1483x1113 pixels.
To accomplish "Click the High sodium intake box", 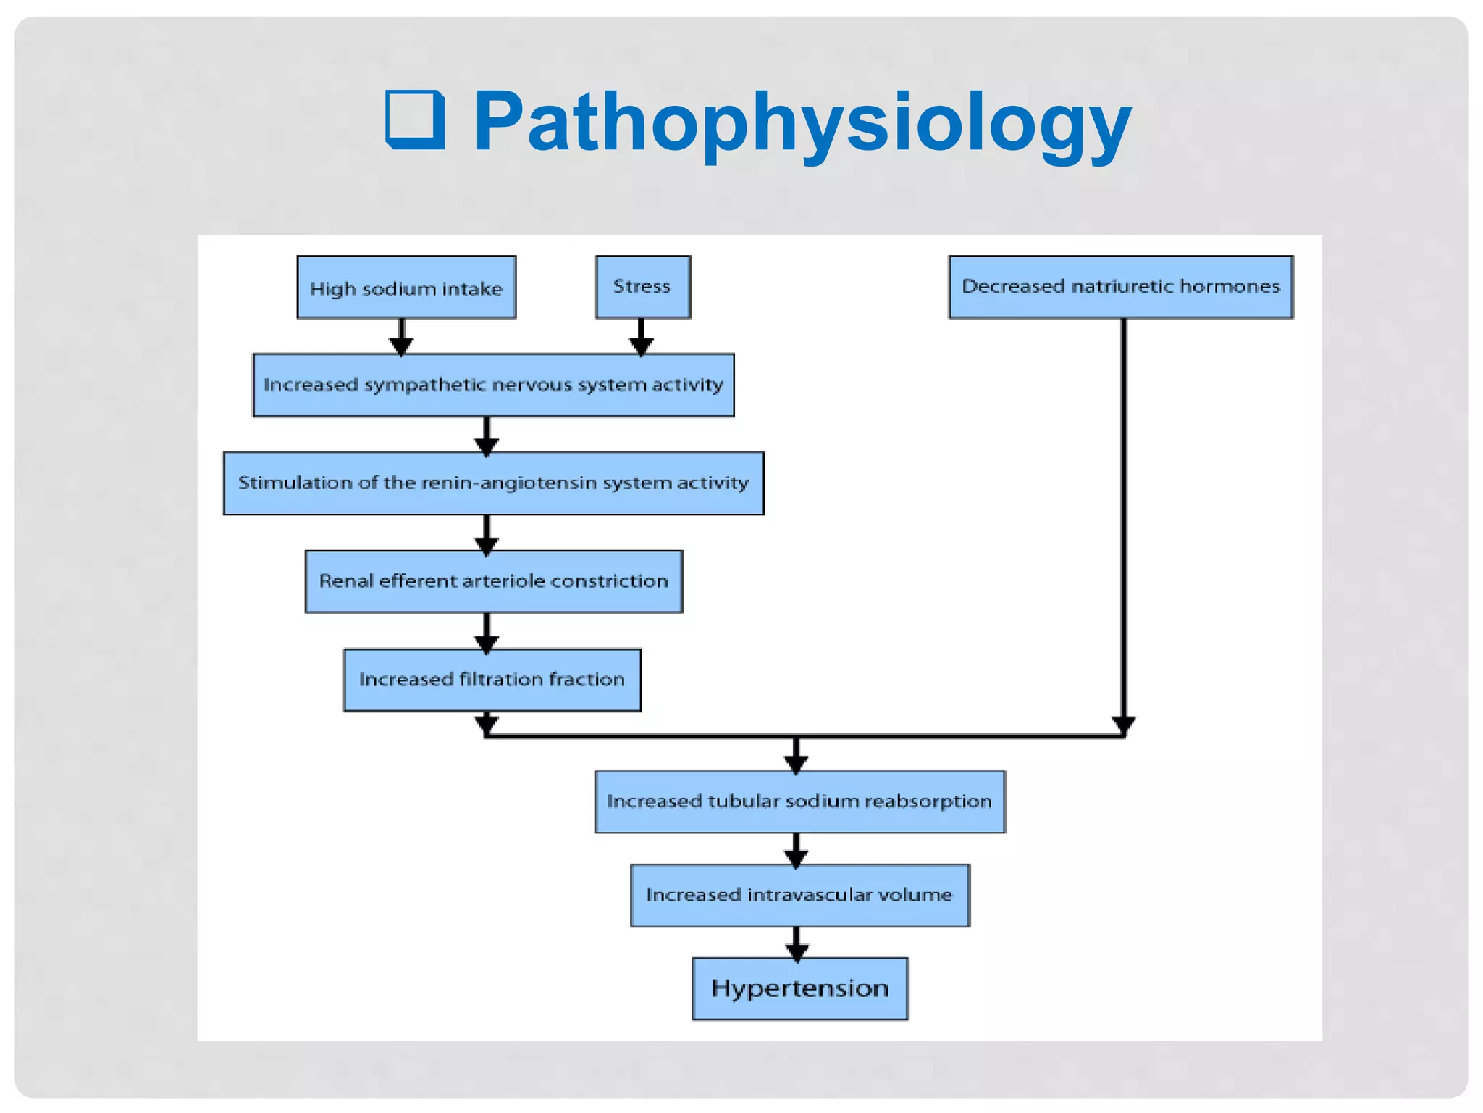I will pos(406,288).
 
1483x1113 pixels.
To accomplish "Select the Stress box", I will pos(642,287).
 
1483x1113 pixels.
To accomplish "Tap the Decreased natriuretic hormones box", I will pos(1120,287).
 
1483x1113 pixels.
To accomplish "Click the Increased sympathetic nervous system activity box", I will pos(493,385).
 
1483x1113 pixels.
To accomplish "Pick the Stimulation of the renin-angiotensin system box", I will pos(493,483).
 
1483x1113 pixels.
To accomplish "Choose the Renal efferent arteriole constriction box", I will pos(493,581).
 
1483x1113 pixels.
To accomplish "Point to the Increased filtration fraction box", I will pos(492,680).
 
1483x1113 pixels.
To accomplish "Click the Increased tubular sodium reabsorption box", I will pos(799,801).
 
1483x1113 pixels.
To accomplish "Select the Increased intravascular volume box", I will pos(799,896).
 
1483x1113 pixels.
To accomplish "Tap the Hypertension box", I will pos(799,989).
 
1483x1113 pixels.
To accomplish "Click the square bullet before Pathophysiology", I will pos(415,120).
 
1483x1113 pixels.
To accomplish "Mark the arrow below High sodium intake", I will pos(401,338).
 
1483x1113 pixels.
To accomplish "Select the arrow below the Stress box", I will pos(641,338).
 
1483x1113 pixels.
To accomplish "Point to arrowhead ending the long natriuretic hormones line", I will pos(1123,724).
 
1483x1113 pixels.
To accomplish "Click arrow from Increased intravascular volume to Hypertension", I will pos(797,945).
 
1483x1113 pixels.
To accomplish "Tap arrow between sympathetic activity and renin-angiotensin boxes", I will pos(486,437).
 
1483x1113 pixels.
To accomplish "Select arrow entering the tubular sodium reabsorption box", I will pos(796,757).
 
